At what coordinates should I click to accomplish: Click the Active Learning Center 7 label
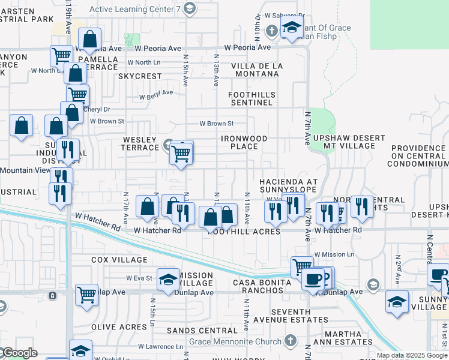136,8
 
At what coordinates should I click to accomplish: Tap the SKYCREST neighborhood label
140,76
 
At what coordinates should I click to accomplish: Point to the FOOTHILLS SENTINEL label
252,99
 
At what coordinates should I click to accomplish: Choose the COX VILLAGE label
119,260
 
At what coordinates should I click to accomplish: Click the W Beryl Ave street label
156,94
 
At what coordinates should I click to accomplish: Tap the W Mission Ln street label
334,254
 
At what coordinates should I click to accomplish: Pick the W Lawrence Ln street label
160,346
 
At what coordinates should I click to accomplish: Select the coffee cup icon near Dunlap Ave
313,280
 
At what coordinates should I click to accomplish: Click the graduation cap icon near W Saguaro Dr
292,28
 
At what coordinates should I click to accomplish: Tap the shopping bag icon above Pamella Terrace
89,40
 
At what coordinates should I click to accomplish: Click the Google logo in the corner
19,353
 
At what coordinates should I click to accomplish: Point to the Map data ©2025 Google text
412,355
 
